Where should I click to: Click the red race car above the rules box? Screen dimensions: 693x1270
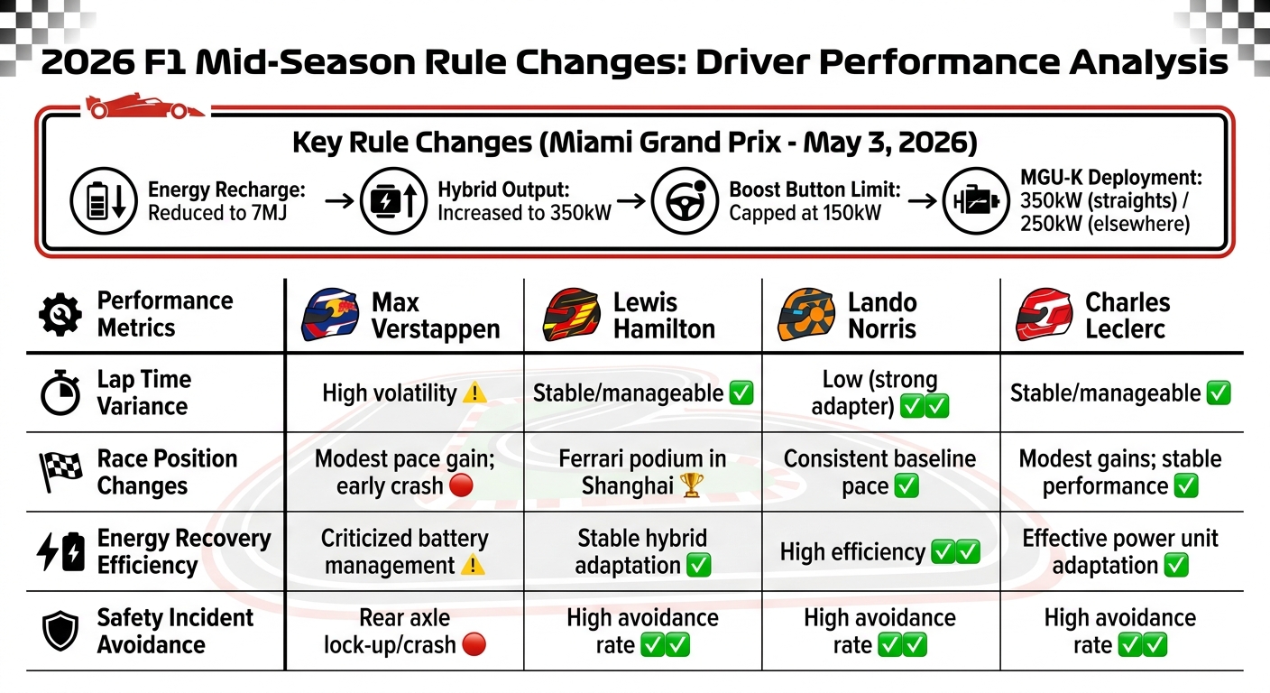pyautogui.click(x=144, y=107)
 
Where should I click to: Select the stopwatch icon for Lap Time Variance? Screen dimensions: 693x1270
pyautogui.click(x=60, y=393)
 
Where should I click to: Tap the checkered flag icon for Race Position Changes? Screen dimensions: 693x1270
pyautogui.click(x=60, y=472)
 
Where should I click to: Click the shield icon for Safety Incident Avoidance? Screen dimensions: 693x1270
pyautogui.click(x=60, y=632)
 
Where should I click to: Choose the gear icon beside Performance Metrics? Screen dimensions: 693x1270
pyautogui.click(x=60, y=315)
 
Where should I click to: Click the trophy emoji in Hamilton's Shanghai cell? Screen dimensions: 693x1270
pyautogui.click(x=692, y=485)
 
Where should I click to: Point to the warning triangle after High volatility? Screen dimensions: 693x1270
pyautogui.click(x=474, y=393)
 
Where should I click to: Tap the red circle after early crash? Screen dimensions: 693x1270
pyautogui.click(x=461, y=485)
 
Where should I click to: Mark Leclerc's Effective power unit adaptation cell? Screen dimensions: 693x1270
pyautogui.click(x=1119, y=551)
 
